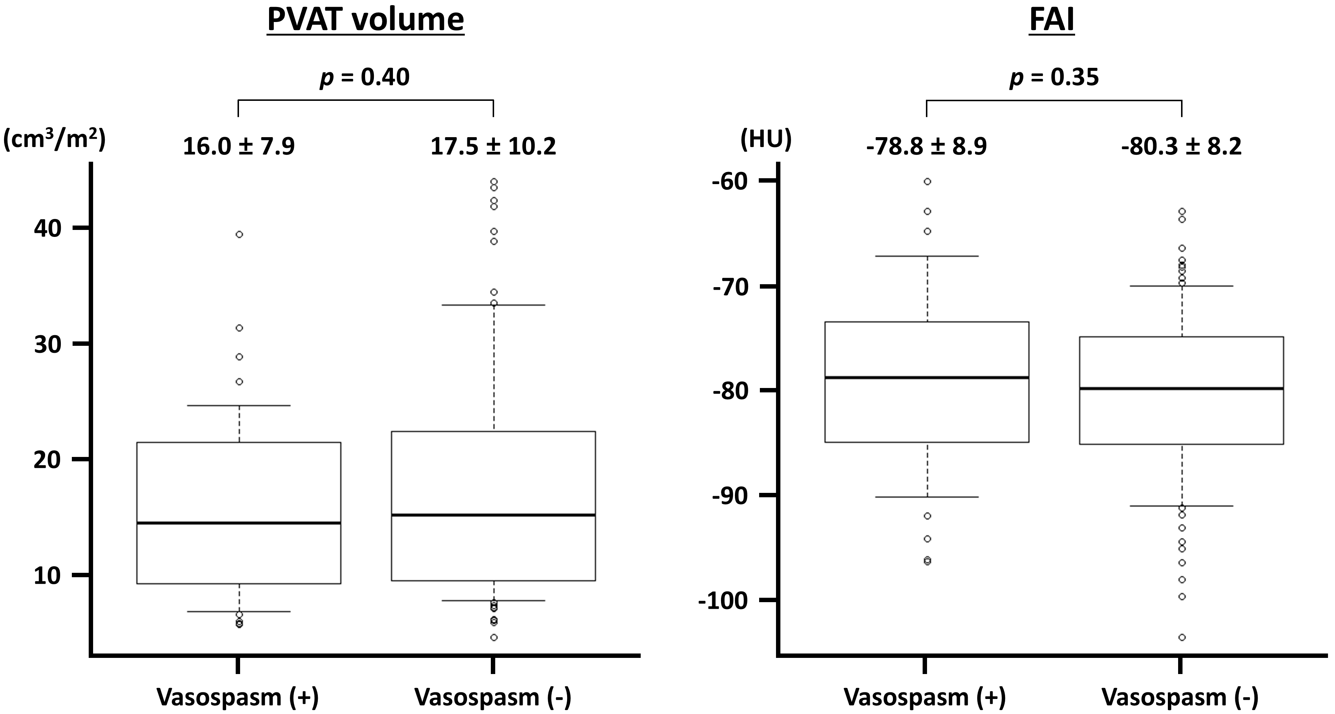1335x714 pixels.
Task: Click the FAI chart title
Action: [x=1052, y=21]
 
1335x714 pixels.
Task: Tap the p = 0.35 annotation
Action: [x=1054, y=77]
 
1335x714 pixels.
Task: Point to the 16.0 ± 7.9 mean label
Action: [x=239, y=146]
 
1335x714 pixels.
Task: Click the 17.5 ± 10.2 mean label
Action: [x=493, y=146]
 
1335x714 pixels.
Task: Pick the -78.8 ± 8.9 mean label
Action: [x=927, y=146]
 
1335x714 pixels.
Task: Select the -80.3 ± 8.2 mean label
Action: [x=1182, y=146]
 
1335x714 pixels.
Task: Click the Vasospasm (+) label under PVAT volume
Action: [x=238, y=697]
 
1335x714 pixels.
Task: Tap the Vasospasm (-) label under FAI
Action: [x=1180, y=697]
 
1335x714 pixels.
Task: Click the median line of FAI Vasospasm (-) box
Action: [x=1182, y=388]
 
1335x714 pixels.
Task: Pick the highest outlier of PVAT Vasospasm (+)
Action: [x=239, y=234]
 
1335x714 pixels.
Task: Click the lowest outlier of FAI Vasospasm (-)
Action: [x=1182, y=637]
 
